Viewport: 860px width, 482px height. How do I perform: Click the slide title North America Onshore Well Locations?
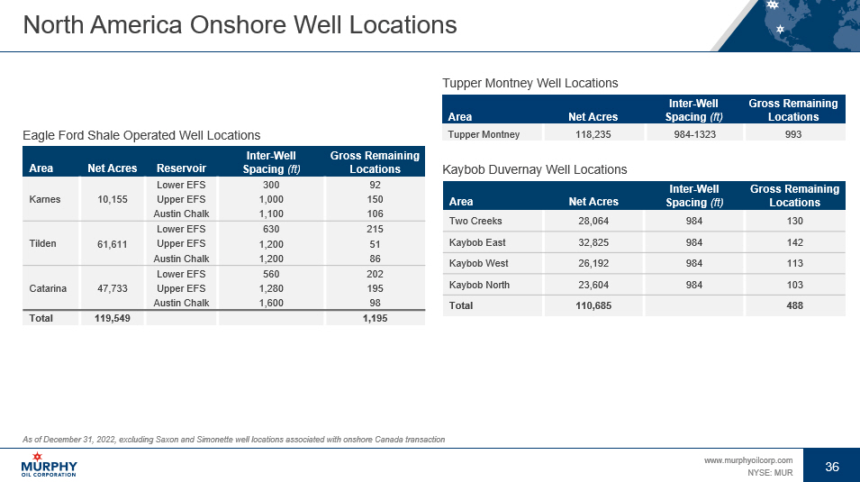240,25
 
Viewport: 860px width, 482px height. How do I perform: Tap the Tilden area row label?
44,243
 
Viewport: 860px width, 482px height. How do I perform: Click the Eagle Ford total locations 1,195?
375,319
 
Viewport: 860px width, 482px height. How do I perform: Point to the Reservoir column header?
181,168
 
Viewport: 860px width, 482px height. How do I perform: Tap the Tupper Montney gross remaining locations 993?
792,134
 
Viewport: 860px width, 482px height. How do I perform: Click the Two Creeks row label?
475,221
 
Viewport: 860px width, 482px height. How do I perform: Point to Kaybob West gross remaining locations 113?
792,264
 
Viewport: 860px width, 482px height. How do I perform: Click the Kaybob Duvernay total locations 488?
792,306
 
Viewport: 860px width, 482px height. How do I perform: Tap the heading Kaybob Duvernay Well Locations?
535,169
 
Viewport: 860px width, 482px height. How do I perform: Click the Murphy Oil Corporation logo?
49,467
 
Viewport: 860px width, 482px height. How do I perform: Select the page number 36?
832,467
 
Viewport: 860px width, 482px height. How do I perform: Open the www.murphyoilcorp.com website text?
747,460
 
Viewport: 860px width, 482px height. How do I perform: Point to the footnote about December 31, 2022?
234,439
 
